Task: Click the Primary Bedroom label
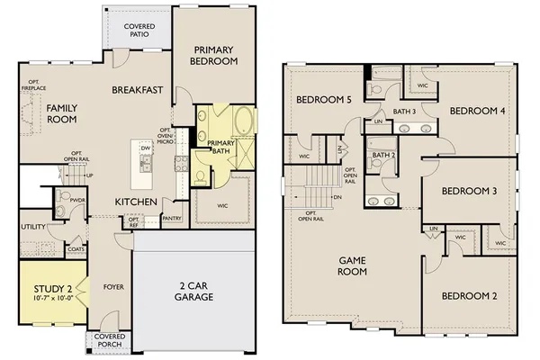(213, 55)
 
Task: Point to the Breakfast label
(137, 89)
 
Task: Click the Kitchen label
(136, 201)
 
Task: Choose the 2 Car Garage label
(190, 290)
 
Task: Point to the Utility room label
(33, 227)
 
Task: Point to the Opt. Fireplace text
(32, 87)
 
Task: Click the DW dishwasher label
(145, 146)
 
